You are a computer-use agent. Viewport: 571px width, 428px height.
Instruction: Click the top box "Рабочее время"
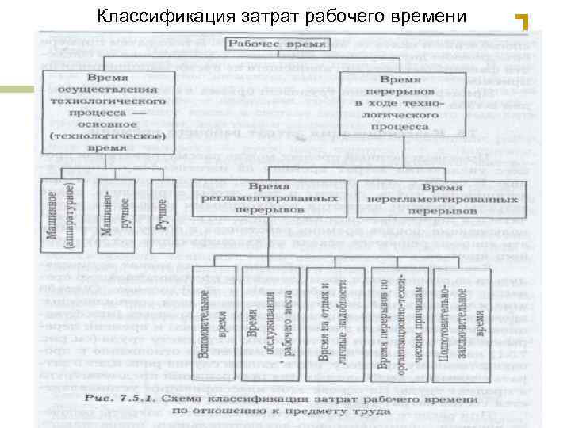278,44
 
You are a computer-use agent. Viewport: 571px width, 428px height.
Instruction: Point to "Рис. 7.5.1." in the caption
117,398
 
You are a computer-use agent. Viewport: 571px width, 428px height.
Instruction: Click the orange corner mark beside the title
521,22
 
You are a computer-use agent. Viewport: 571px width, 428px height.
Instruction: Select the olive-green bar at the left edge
17,89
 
